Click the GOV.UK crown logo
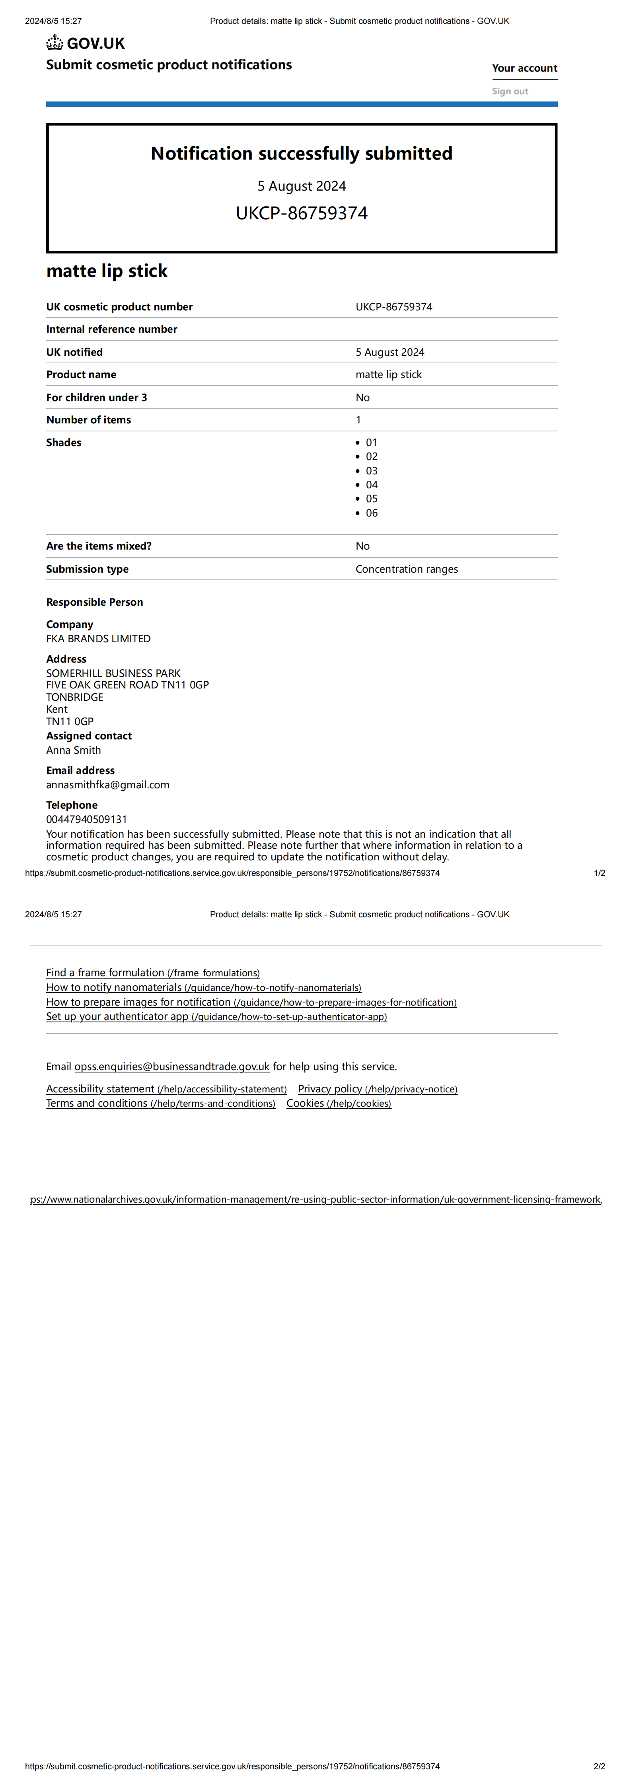(x=55, y=43)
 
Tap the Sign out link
(x=510, y=91)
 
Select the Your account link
(x=524, y=68)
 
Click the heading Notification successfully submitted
(x=302, y=153)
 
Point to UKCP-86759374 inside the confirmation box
(x=302, y=213)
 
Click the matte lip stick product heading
(x=107, y=271)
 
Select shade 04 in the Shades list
(x=372, y=485)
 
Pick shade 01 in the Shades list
(x=372, y=443)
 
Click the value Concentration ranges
(x=406, y=569)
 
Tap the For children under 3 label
(x=96, y=397)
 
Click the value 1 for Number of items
(x=358, y=419)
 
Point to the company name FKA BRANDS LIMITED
(x=98, y=639)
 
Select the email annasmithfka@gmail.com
(x=107, y=785)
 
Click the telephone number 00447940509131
(x=87, y=819)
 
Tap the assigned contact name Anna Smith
(x=74, y=750)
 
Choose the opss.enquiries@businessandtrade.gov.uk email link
(x=172, y=1067)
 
